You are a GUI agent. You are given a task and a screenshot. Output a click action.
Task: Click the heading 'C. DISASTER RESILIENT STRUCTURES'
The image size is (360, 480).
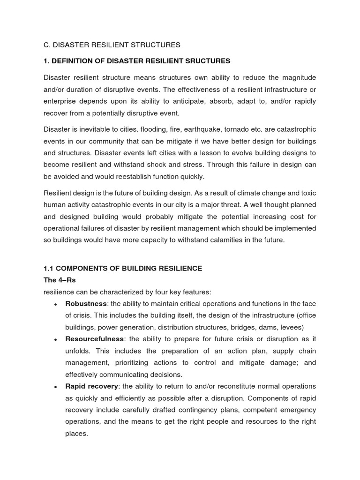112,45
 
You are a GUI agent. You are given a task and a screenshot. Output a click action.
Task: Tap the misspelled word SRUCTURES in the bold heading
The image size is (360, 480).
207,61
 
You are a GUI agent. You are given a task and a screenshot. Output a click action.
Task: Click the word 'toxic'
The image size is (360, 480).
307,193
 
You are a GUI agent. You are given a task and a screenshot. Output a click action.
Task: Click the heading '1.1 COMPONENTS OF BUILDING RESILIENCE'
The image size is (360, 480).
123,269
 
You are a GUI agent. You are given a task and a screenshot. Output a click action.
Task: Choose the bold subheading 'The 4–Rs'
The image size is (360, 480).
60,280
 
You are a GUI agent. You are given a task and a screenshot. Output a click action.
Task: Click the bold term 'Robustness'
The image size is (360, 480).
86,304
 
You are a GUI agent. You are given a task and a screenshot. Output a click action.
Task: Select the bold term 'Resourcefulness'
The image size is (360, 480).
94,339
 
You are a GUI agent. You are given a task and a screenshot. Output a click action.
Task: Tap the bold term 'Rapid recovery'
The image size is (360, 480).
91,386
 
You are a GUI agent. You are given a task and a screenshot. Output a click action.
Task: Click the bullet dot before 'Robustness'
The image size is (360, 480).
55,304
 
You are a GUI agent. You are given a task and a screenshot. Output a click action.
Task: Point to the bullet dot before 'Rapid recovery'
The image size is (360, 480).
55,387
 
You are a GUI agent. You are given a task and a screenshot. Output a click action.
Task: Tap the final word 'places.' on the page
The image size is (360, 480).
76,434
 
